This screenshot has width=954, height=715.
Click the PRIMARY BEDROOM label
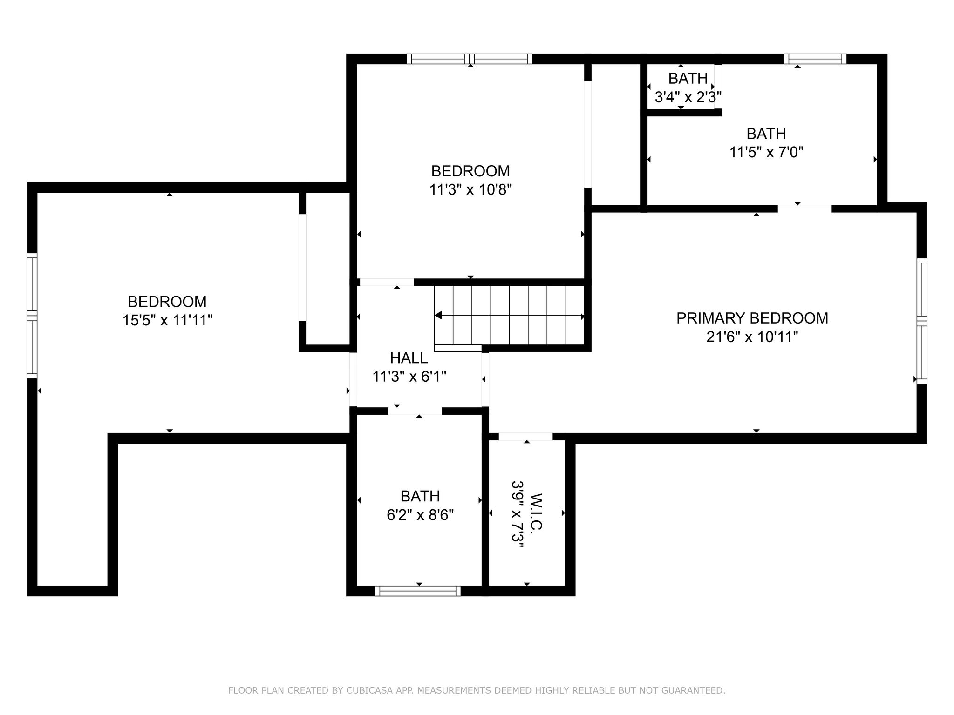coord(752,318)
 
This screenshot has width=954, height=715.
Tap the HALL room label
coord(409,358)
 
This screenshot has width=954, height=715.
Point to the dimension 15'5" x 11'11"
coord(168,320)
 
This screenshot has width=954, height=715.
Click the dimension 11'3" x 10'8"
coord(470,190)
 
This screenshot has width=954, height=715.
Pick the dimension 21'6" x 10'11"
coord(752,337)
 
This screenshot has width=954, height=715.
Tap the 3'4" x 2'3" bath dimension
coord(688,97)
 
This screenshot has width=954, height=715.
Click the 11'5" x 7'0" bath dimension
coord(766,152)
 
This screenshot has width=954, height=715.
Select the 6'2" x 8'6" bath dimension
coord(420,515)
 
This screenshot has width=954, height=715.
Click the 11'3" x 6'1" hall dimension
coord(409,376)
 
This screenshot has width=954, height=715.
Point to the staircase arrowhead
coord(438,316)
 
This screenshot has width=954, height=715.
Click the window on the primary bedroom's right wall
coord(922,321)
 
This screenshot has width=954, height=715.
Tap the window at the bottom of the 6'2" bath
coord(418,591)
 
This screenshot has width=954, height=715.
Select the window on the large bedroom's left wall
coord(32,316)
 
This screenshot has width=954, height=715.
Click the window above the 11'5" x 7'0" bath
coord(815,59)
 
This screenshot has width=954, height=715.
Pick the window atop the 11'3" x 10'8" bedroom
coord(470,59)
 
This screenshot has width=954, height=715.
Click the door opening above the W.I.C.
coord(525,437)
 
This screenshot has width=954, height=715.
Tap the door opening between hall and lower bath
coord(415,411)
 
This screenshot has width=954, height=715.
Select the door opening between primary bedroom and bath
coord(804,208)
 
